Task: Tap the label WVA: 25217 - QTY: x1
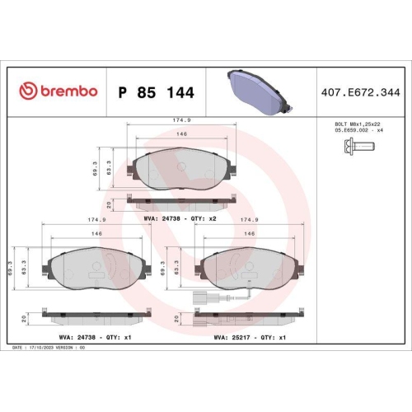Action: point(250,336)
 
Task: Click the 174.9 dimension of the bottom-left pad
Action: point(96,220)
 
